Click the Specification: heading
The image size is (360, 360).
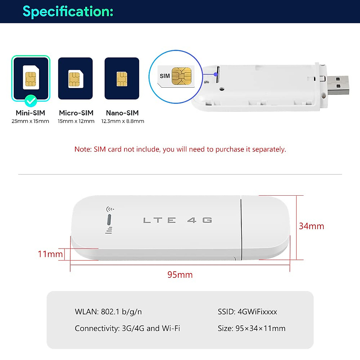pyautogui.click(x=68, y=11)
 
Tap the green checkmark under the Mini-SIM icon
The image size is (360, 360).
pyautogui.click(x=31, y=101)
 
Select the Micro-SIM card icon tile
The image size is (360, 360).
pyautogui.click(x=75, y=78)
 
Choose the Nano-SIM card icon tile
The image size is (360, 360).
pyautogui.click(x=122, y=78)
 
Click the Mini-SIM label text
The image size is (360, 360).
pyautogui.click(x=30, y=113)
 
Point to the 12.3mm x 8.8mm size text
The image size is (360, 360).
pyautogui.click(x=123, y=121)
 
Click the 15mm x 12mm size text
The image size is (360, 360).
pyautogui.click(x=76, y=121)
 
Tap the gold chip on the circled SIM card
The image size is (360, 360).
pyautogui.click(x=181, y=76)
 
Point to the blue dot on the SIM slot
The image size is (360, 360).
pyautogui.click(x=215, y=74)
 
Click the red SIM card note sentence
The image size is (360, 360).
pyautogui.click(x=180, y=149)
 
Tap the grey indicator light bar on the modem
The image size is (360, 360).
pyautogui.click(x=109, y=220)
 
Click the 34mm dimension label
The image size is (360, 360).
pyautogui.click(x=311, y=226)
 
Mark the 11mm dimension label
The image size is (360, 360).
pyautogui.click(x=50, y=254)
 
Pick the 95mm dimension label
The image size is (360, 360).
pyautogui.click(x=180, y=275)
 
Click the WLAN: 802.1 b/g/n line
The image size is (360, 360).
pyautogui.click(x=108, y=312)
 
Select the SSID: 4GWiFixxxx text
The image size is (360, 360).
pyautogui.click(x=247, y=312)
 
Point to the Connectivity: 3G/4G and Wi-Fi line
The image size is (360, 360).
pyautogui.click(x=127, y=328)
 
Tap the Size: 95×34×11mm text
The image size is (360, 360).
pyautogui.click(x=251, y=328)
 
